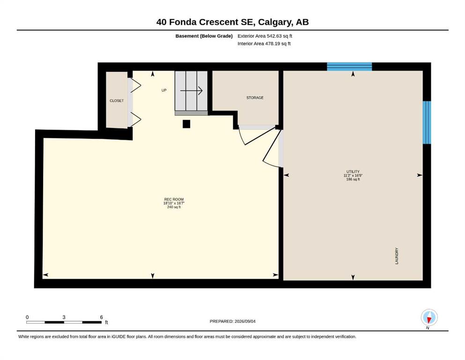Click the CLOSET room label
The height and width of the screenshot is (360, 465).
click(x=117, y=101)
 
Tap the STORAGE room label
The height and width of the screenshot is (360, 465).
click(x=255, y=97)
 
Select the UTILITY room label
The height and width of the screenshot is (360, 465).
click(x=353, y=172)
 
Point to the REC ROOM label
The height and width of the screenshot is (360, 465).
click(x=174, y=199)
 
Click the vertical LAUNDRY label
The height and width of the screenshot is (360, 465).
click(x=397, y=256)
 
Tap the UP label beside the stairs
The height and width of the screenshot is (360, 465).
click(x=164, y=90)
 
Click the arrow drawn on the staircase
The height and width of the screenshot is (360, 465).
click(x=191, y=90)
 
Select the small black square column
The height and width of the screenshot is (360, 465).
click(x=186, y=124)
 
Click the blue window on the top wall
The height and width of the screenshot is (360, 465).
click(x=349, y=67)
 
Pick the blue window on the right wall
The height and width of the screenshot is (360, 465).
click(x=427, y=122)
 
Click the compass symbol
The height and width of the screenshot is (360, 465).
click(x=429, y=317)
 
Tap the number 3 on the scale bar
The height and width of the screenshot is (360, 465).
click(x=64, y=317)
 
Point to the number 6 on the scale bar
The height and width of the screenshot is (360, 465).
click(x=102, y=317)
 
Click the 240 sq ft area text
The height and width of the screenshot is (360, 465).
click(x=174, y=207)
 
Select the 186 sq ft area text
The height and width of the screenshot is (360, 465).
click(x=353, y=179)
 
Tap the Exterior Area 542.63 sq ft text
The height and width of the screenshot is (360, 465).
click(x=265, y=36)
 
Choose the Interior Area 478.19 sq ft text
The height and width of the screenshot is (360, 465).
click(x=264, y=44)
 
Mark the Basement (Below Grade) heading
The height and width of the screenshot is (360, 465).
click(x=204, y=36)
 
